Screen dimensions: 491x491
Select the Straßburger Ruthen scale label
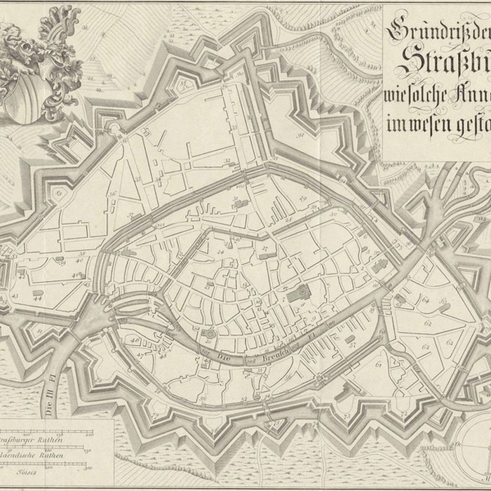(32, 440)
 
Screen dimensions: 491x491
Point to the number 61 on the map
(378, 365)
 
